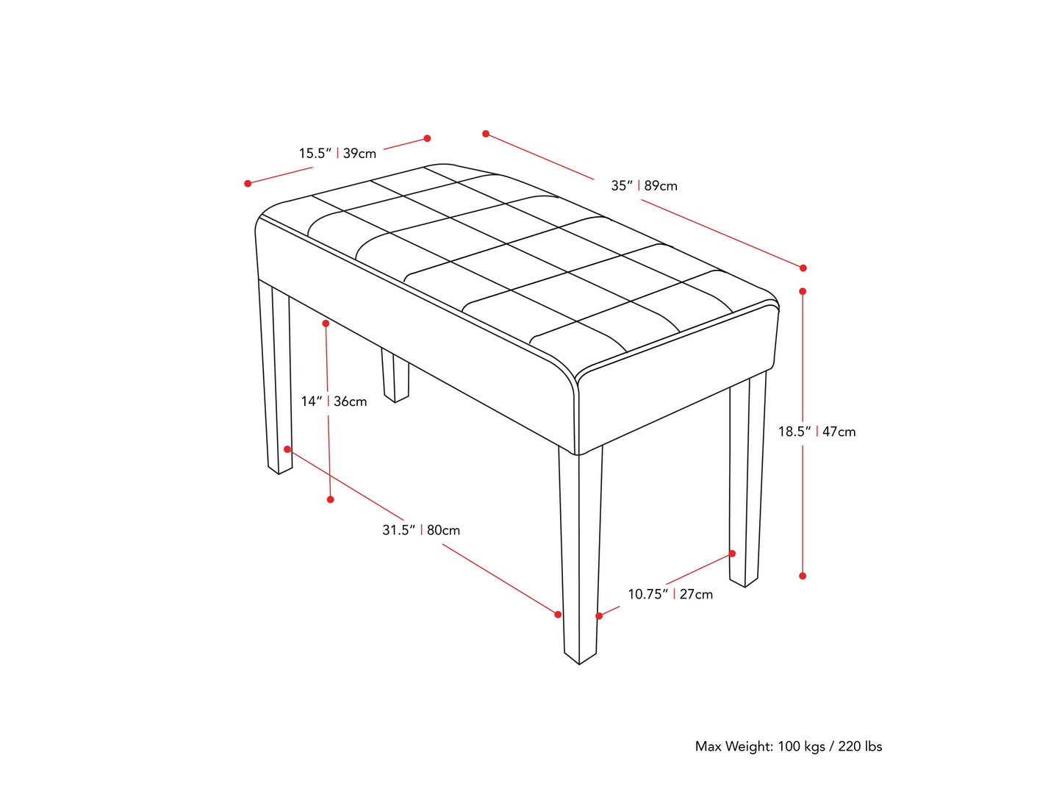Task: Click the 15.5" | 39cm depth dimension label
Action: click(337, 154)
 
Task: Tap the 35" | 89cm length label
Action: click(644, 186)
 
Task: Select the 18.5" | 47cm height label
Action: click(817, 432)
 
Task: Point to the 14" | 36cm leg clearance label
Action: click(334, 401)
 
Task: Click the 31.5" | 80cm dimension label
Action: click(421, 530)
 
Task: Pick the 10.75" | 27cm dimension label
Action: click(670, 594)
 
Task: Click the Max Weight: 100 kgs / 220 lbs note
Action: click(789, 746)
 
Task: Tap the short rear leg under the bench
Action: click(395, 375)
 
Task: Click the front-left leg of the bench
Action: click(276, 377)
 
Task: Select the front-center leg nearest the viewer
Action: click(580, 554)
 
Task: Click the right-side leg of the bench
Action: click(747, 479)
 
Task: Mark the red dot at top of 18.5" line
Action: click(803, 291)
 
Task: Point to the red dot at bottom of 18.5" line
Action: click(803, 576)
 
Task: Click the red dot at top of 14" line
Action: click(326, 324)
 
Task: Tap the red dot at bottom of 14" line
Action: click(331, 499)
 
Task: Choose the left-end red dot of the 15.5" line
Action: click(248, 183)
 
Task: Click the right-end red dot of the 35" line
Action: click(803, 268)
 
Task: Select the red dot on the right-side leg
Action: click(733, 553)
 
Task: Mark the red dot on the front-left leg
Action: click(287, 449)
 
